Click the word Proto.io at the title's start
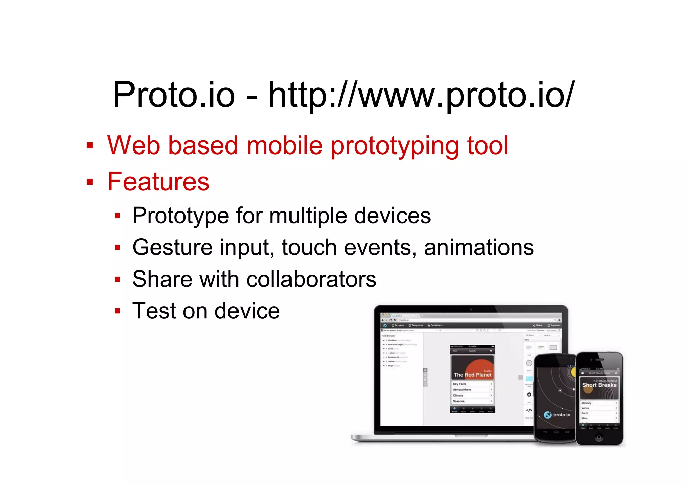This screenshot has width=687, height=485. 174,95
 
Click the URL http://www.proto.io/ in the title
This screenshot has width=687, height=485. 421,95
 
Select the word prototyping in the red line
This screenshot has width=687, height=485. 395,146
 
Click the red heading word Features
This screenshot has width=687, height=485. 158,182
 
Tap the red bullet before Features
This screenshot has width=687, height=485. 89,182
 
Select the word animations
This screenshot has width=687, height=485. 479,247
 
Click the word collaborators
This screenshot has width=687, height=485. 311,279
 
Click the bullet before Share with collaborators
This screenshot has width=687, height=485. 117,279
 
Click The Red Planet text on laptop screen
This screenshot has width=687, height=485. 472,375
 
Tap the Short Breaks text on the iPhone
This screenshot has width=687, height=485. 599,385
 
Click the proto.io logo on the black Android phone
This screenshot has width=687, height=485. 557,415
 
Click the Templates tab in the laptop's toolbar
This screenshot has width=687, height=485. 416,325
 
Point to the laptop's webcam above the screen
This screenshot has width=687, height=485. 471,309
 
